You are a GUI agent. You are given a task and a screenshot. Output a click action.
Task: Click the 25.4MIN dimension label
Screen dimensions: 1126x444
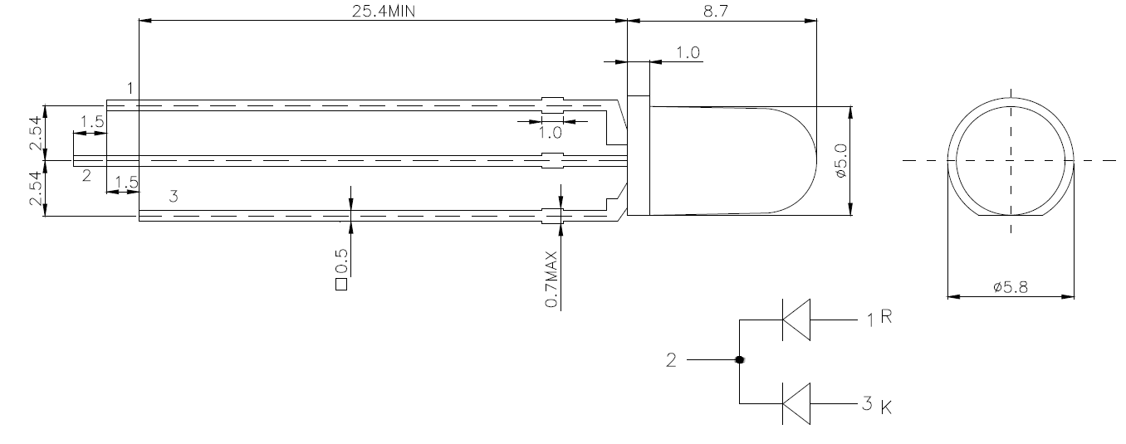384,11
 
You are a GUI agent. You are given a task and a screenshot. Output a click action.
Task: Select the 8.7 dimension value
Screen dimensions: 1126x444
715,11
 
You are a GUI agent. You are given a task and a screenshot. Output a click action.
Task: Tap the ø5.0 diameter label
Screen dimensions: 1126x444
841,161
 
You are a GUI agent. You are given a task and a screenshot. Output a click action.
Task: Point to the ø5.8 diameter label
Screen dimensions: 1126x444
1011,287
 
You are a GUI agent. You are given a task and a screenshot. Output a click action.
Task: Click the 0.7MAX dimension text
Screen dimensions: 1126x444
551,279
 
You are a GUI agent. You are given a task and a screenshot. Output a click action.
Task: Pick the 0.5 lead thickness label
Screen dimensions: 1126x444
340,261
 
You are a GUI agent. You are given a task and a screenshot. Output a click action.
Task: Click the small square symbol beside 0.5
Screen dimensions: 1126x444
340,285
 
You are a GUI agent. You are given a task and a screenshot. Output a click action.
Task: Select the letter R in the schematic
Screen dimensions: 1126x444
886,316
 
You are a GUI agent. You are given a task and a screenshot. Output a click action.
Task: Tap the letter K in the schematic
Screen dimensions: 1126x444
886,407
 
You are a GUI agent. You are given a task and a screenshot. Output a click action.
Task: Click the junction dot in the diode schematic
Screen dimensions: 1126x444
739,359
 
